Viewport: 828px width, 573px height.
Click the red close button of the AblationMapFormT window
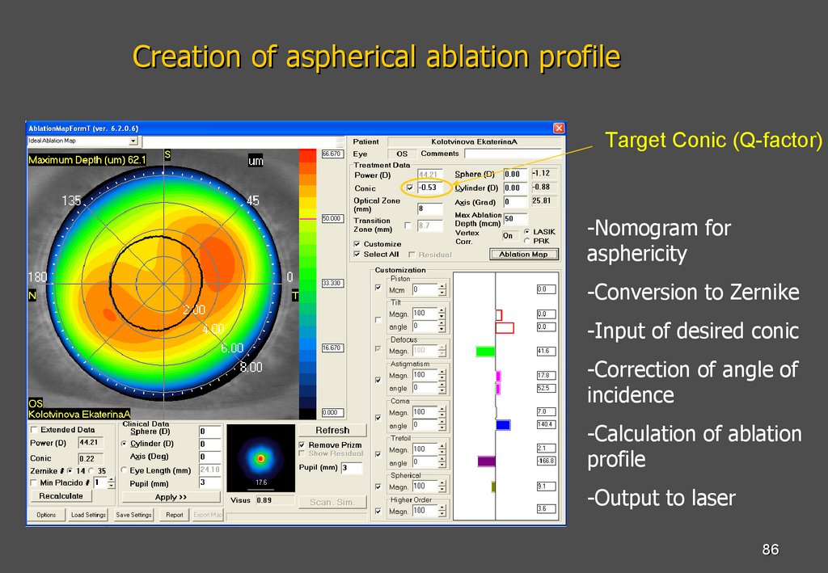point(558,129)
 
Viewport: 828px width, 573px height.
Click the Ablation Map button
point(523,254)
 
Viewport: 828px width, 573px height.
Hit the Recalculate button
point(61,496)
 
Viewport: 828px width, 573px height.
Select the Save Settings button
point(134,515)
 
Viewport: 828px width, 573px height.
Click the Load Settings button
point(87,515)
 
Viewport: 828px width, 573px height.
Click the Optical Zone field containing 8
point(430,208)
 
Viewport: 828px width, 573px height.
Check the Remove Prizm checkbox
point(302,445)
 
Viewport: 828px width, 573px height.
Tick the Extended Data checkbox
point(34,430)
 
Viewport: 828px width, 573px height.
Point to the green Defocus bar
point(485,352)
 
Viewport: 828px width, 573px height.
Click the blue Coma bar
point(503,424)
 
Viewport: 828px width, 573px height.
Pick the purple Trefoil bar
point(486,461)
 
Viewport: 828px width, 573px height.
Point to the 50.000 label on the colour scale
point(332,218)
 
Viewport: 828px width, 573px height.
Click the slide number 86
point(770,550)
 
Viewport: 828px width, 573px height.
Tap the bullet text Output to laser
point(661,498)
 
